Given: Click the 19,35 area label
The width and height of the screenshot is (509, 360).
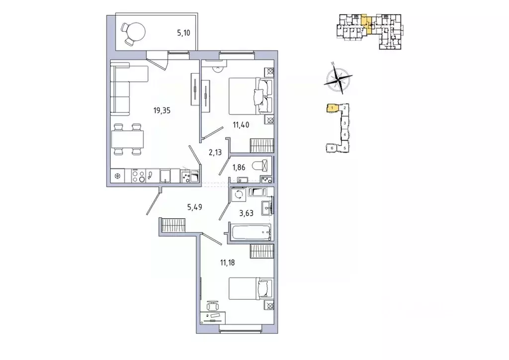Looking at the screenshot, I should coord(162,110).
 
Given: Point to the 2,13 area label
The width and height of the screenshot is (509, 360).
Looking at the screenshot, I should coord(215,153).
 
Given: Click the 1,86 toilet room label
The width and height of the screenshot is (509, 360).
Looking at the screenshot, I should coord(239,167).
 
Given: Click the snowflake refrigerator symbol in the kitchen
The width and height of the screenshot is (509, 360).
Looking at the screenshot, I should coord(118,176).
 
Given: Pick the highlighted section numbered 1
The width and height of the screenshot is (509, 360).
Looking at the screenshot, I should coord(330,107).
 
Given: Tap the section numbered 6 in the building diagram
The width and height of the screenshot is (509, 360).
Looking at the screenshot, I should coord(331,148).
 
